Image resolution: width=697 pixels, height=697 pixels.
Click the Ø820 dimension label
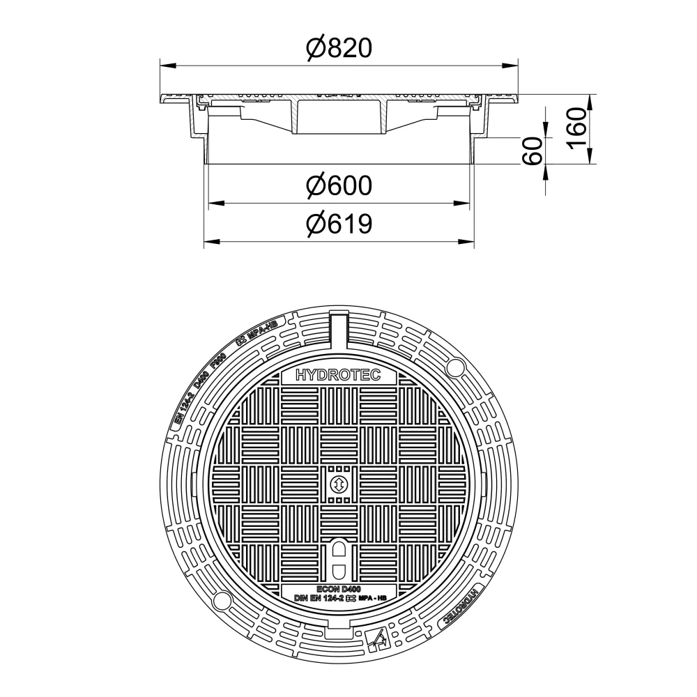coord(339,48)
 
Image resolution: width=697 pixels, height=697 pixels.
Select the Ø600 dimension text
coord(339,186)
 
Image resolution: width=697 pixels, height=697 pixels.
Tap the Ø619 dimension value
coord(339,224)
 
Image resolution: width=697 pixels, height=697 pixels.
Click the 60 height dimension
coord(533,151)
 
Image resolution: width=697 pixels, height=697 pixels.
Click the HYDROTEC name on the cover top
coord(339,376)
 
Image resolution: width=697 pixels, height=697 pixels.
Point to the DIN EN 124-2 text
coord(316,598)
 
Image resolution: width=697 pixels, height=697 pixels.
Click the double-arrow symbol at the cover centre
coord(338,484)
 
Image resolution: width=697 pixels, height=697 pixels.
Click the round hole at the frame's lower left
coord(222,600)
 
